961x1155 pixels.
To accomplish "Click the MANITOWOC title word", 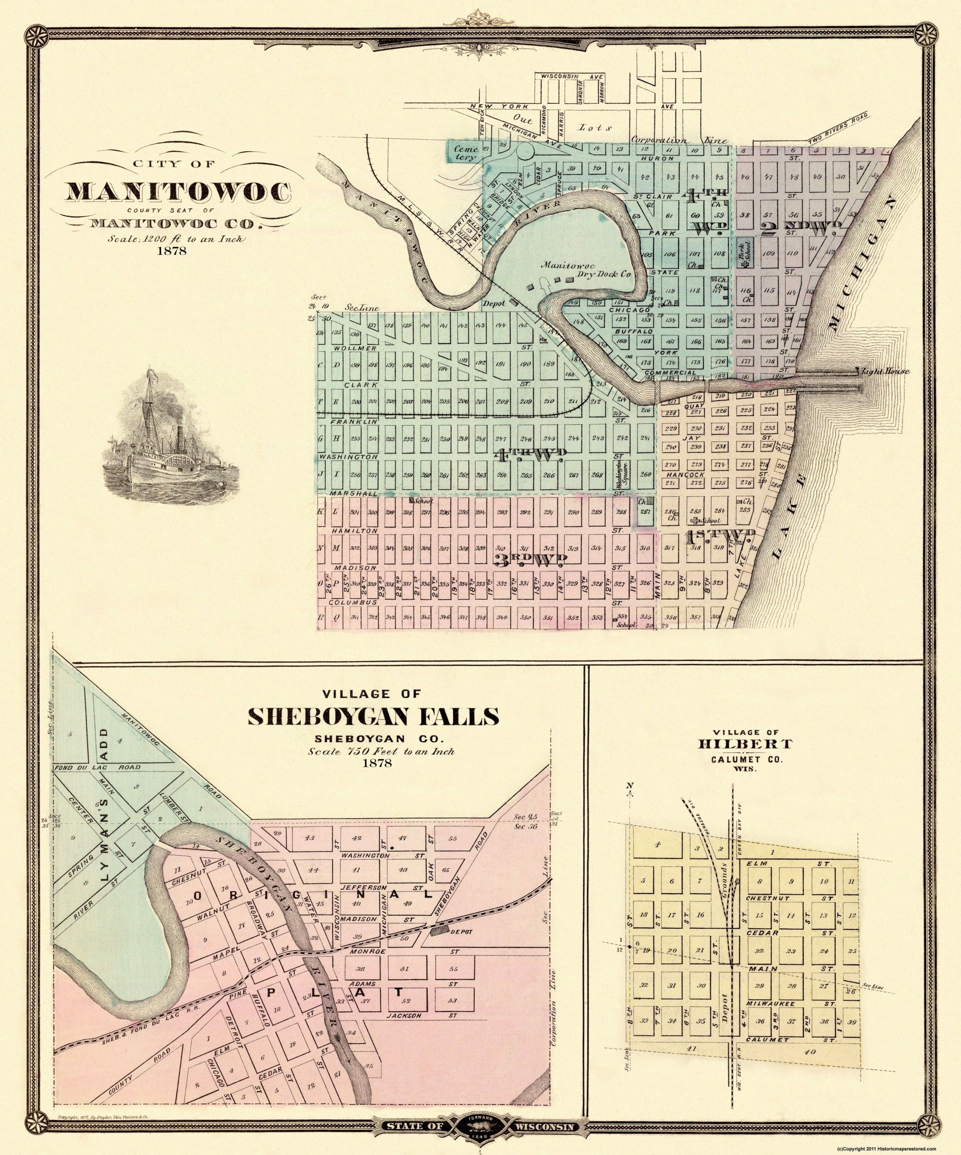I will pyautogui.click(x=179, y=191).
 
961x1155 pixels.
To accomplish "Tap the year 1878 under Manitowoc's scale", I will pyautogui.click(x=172, y=251).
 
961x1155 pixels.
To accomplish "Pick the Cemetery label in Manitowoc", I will pyautogui.click(x=460, y=152).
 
